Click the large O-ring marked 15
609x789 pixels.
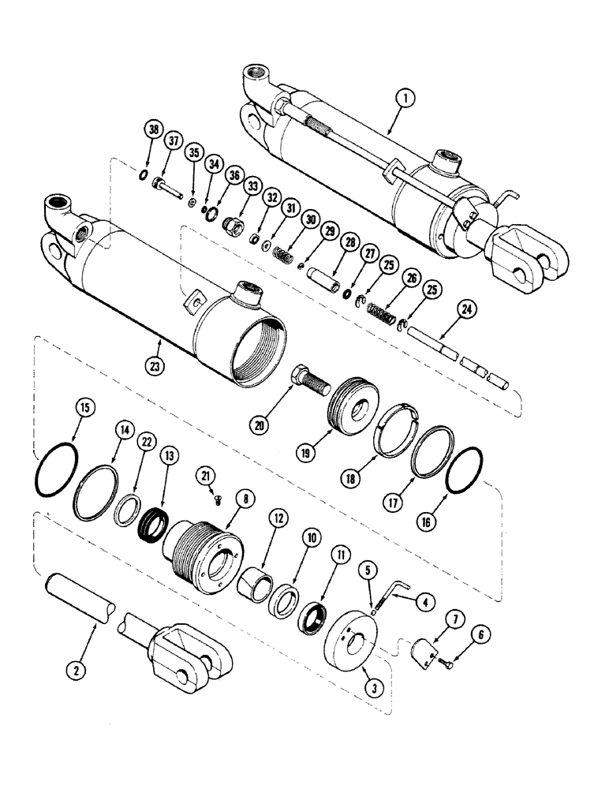(57, 471)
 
